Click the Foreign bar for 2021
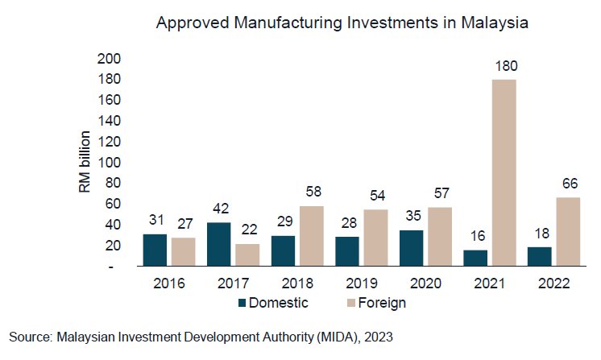click(x=504, y=172)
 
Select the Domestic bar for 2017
click(x=219, y=244)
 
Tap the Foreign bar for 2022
click(x=567, y=232)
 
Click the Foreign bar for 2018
click(x=312, y=236)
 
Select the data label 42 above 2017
click(x=219, y=208)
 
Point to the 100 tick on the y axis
click(x=109, y=162)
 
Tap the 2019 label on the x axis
click(x=361, y=283)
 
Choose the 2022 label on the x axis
click(x=553, y=283)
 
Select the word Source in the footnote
click(x=28, y=337)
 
